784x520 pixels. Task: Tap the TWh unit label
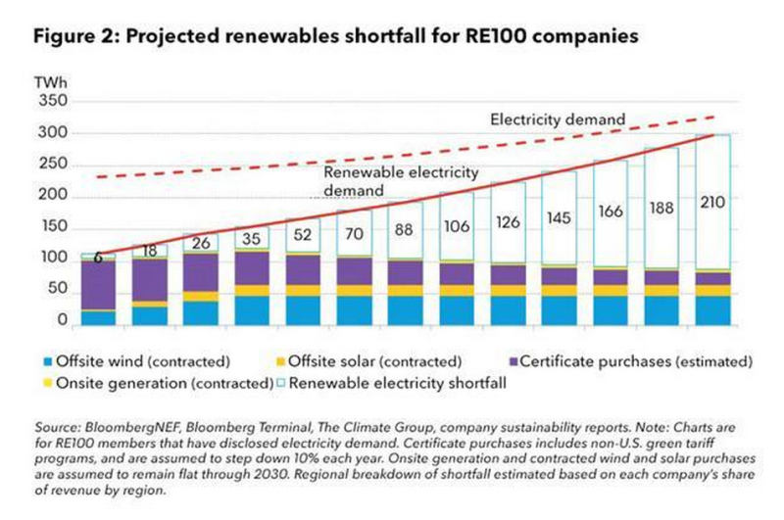50,84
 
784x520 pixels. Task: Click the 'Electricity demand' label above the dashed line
557,119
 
